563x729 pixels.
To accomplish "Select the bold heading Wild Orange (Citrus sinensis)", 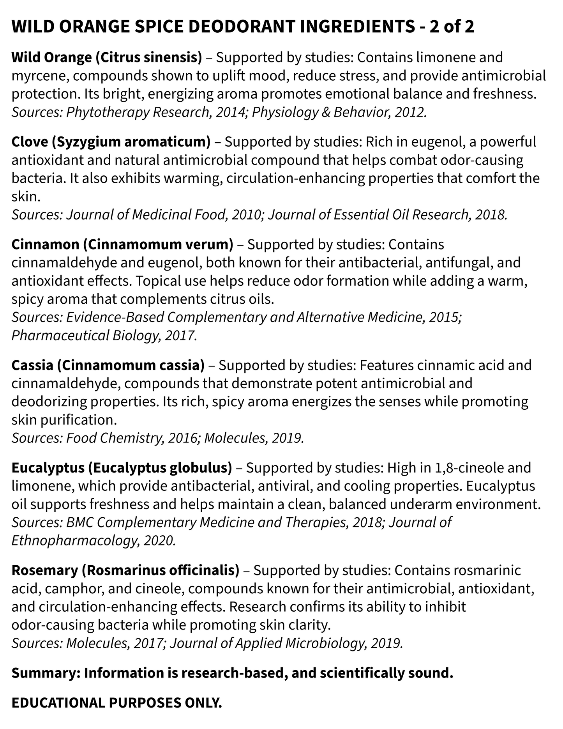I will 107,57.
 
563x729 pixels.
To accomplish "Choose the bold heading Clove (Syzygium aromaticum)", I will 111,142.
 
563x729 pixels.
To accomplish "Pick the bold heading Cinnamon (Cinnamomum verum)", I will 122,244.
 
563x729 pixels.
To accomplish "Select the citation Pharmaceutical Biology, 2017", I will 104,335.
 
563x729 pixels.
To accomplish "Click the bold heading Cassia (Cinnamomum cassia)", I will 108,365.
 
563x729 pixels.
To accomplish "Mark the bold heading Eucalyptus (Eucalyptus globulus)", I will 122,467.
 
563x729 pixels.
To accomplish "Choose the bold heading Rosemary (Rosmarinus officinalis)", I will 125,570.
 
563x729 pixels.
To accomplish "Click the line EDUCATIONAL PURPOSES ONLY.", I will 116,703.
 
